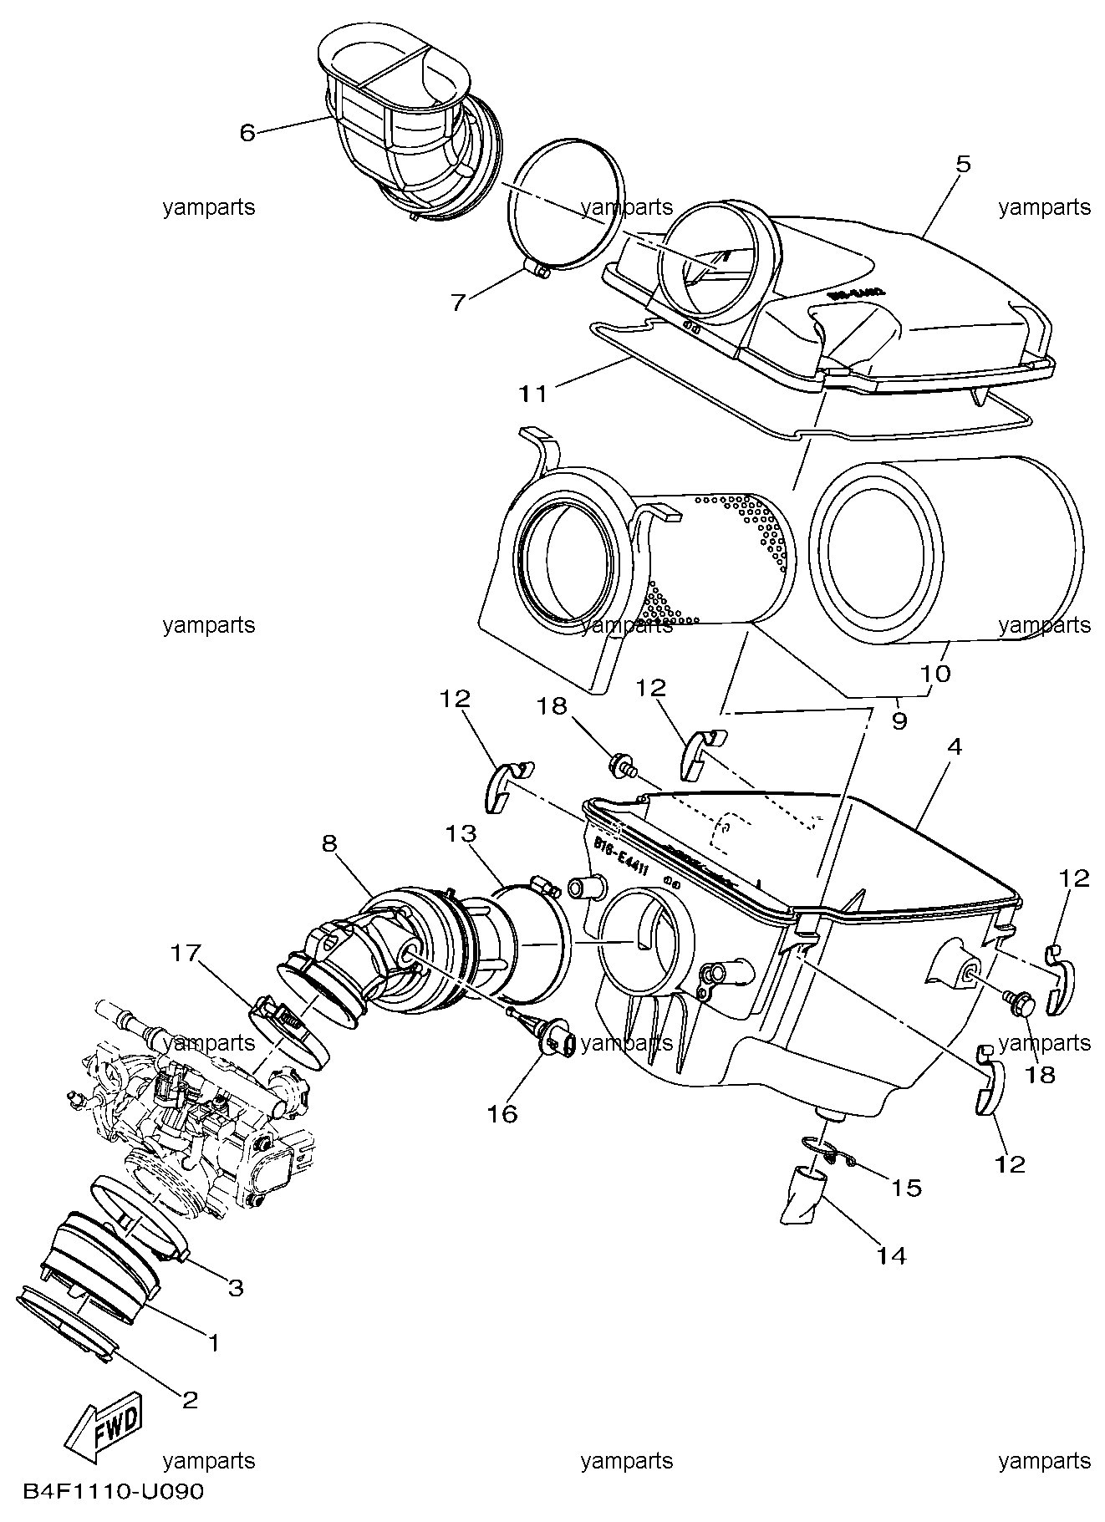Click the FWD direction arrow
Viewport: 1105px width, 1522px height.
tap(104, 1427)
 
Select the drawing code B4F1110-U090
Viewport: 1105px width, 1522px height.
tap(113, 1491)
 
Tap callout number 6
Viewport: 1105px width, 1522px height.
tap(247, 133)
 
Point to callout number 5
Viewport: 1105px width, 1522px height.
tap(963, 165)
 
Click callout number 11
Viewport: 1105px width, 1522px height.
tap(532, 393)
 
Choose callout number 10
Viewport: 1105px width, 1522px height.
tap(937, 674)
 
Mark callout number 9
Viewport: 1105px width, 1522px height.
tap(899, 720)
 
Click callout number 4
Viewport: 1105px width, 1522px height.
tap(954, 747)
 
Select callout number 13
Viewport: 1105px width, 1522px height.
tap(461, 834)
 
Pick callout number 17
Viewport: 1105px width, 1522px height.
tap(186, 952)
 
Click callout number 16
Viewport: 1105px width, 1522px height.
tap(504, 1113)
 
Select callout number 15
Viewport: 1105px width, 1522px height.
tap(907, 1188)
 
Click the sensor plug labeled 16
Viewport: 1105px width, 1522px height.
tap(558, 1041)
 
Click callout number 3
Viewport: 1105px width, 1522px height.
tap(236, 1288)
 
